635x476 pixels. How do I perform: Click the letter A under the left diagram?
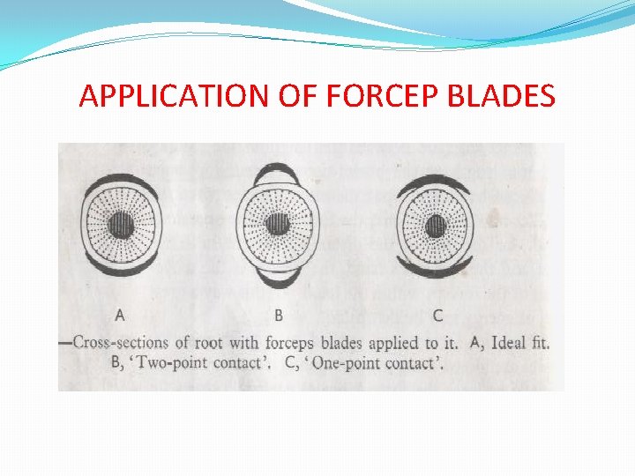120,314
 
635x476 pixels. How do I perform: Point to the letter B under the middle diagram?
279,314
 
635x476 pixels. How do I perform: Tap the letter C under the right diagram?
438,314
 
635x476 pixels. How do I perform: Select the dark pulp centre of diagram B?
278,224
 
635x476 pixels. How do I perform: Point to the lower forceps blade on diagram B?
278,278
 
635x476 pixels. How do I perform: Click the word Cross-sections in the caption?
119,342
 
